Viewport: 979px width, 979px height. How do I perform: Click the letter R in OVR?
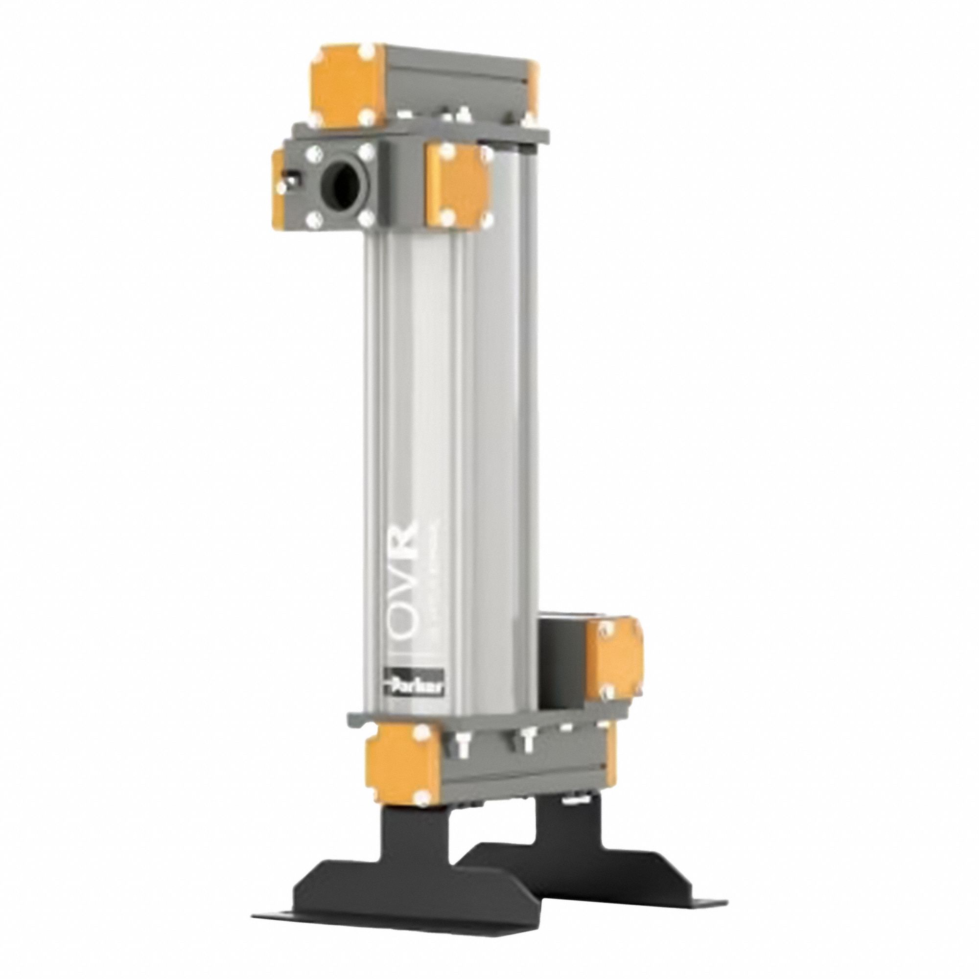(406, 546)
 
